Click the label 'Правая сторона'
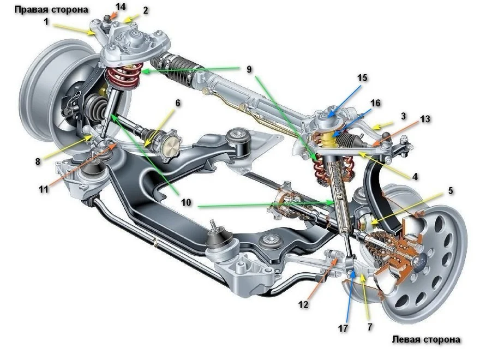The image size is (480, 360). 52,9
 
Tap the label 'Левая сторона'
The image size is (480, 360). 426,339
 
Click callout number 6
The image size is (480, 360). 178,102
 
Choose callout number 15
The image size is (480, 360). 362,77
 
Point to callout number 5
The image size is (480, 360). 451,191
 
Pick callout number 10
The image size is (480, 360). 186,202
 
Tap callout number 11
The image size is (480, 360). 44,189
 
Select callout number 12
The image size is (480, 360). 304,303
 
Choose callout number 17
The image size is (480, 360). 342,328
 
